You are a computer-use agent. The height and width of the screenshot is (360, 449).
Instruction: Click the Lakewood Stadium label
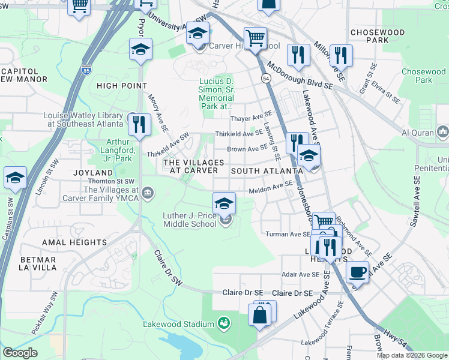[x=178, y=325]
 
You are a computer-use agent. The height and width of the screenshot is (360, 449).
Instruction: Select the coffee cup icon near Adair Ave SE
[x=357, y=271]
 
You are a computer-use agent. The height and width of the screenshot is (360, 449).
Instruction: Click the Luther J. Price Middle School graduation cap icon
[x=224, y=202]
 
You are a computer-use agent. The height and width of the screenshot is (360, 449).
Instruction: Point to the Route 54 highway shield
[x=265, y=78]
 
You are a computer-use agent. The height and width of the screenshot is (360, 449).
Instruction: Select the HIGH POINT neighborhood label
[x=121, y=86]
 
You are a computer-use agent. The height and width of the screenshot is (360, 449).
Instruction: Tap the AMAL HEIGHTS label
[x=74, y=242]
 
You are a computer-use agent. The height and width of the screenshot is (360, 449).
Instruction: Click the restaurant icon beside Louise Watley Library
[x=139, y=124]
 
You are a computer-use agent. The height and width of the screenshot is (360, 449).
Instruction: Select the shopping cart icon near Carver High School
[x=255, y=38]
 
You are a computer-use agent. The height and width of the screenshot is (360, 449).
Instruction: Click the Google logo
[x=20, y=353]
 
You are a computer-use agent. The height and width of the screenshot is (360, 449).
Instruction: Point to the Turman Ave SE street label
[x=286, y=233]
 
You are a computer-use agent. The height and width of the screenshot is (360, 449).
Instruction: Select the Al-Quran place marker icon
[x=442, y=131]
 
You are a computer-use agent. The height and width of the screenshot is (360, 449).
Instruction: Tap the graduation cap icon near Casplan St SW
[x=15, y=178]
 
